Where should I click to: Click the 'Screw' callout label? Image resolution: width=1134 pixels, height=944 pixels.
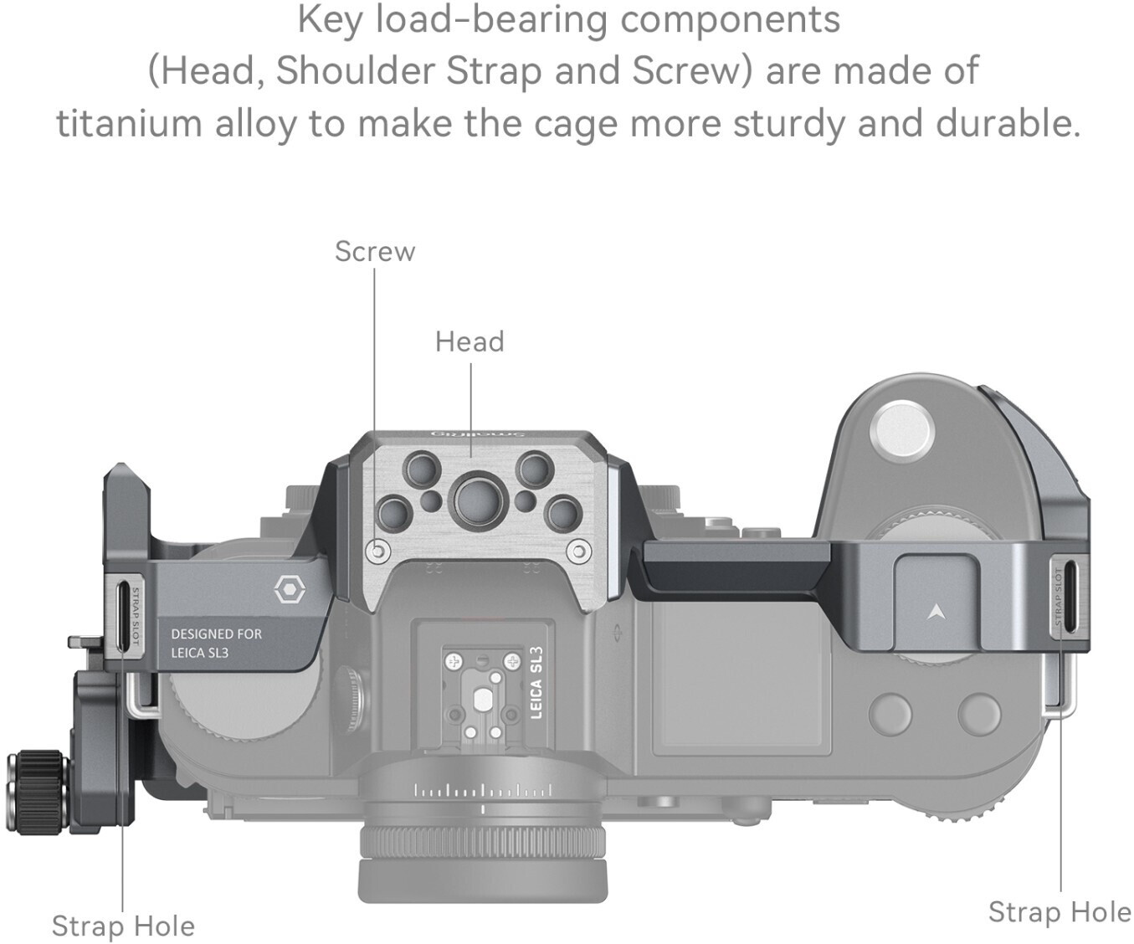click(374, 251)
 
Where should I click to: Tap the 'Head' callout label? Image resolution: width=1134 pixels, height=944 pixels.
click(469, 341)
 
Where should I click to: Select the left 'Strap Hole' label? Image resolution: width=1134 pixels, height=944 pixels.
click(123, 926)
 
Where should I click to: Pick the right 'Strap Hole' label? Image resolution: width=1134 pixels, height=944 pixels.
click(1059, 911)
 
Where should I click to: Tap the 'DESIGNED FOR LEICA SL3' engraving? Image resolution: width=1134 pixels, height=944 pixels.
click(216, 643)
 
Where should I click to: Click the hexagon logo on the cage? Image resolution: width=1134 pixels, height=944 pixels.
click(290, 591)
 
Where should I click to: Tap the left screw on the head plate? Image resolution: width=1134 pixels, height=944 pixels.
click(378, 552)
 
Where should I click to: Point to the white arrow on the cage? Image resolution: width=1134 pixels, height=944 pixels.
click(936, 612)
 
